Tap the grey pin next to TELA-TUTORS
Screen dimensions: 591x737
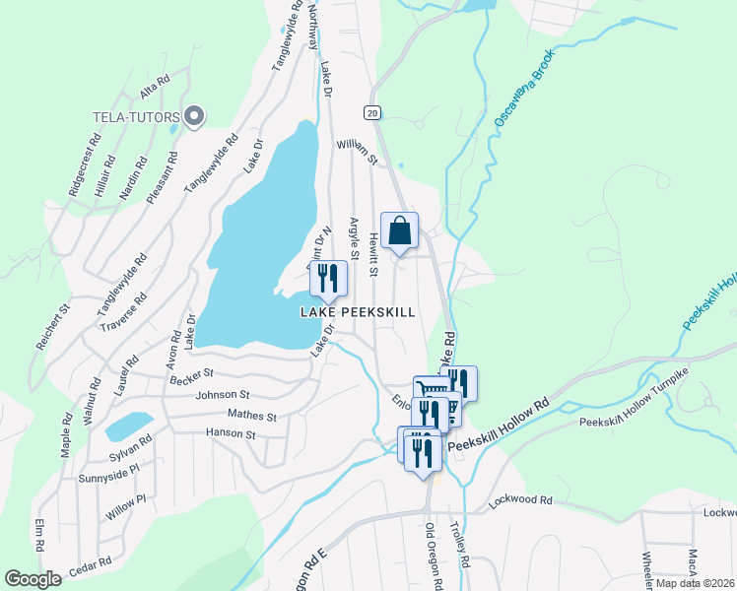[x=194, y=117]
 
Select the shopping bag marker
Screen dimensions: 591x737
[x=399, y=232]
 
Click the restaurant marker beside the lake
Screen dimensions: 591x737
[x=329, y=280]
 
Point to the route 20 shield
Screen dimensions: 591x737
[x=371, y=112]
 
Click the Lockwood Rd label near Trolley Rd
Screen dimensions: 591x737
[x=520, y=499]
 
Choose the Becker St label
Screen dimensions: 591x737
[x=192, y=375]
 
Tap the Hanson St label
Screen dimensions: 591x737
[x=231, y=433]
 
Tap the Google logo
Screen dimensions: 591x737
[x=33, y=579]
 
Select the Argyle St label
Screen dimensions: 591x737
[x=355, y=237]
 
